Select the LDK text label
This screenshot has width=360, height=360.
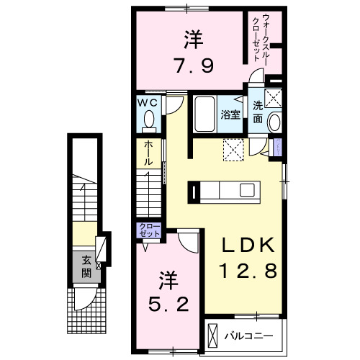[x=247, y=247]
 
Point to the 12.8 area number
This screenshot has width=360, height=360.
[x=247, y=273]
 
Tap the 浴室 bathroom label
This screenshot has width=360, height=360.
[x=230, y=114]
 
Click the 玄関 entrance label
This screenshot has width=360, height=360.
[x=86, y=267]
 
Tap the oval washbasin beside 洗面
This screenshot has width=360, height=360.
[x=275, y=122]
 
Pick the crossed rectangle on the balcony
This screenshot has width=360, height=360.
[x=212, y=336]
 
